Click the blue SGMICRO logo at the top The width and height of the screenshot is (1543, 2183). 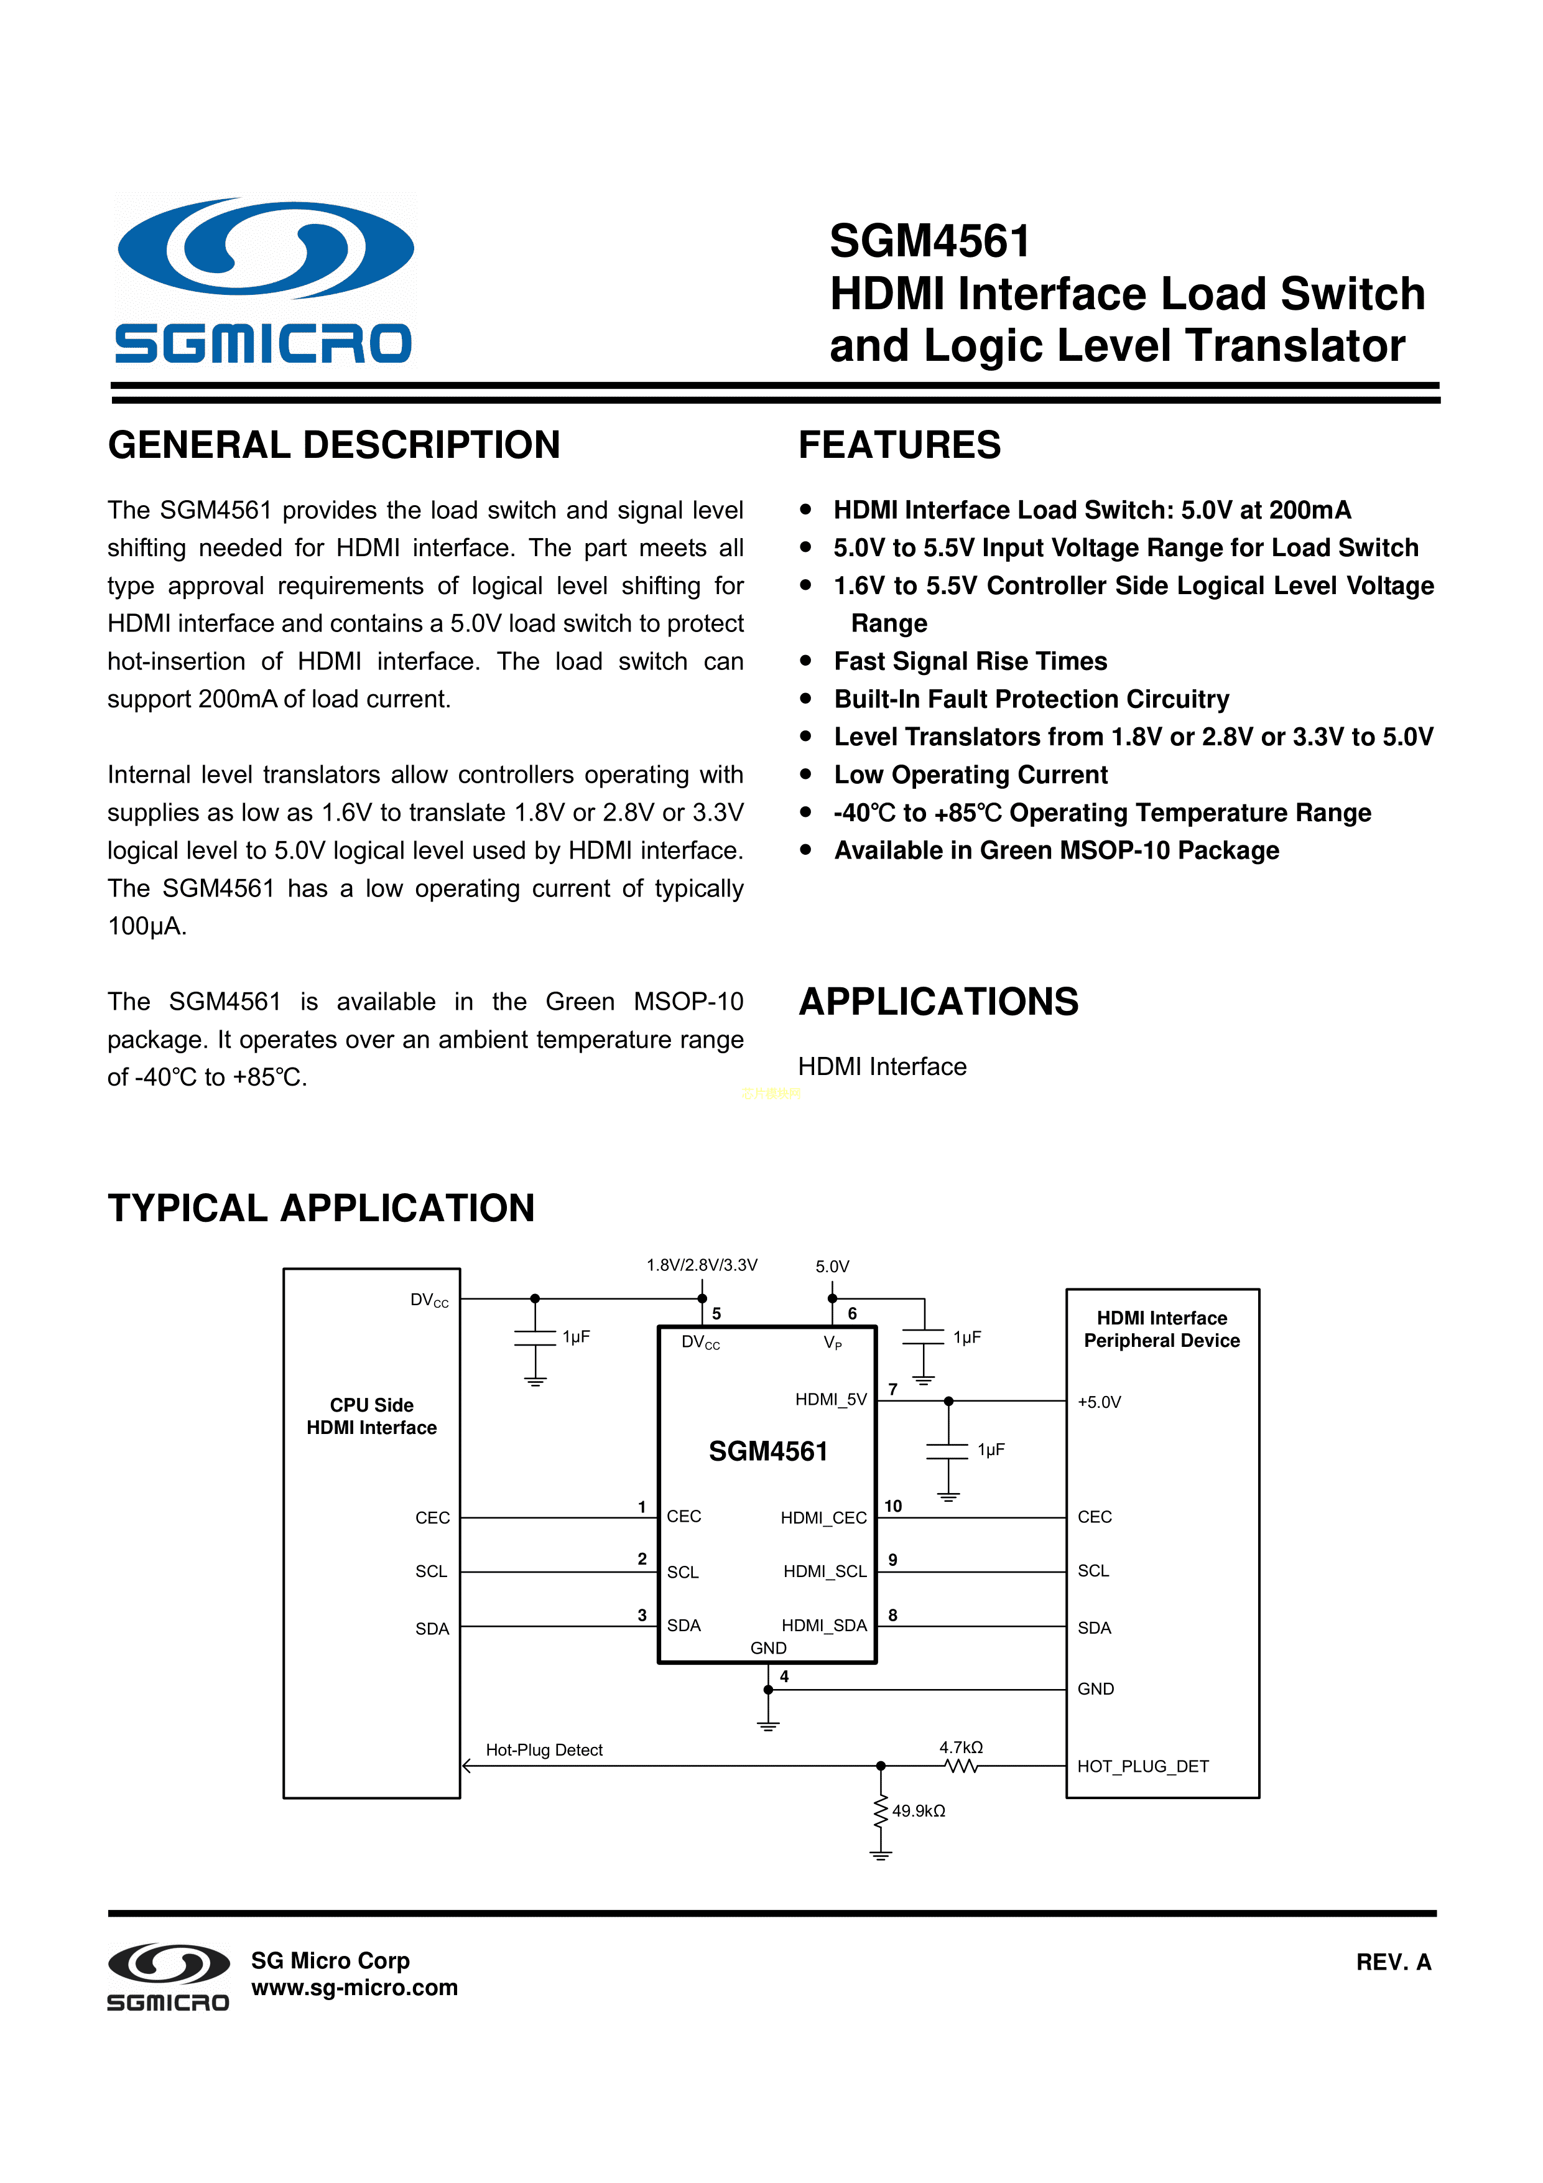pyautogui.click(x=264, y=281)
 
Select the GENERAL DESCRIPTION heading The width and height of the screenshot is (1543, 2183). pyautogui.click(x=334, y=445)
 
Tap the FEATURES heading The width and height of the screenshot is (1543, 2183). pyautogui.click(x=899, y=445)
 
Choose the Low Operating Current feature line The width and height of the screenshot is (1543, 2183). pyautogui.click(x=970, y=775)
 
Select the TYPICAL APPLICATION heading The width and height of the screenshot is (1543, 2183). pyautogui.click(x=322, y=1208)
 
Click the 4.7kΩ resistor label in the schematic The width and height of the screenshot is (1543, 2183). pyautogui.click(x=960, y=1748)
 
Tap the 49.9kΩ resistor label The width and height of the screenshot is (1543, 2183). pyautogui.click(x=919, y=1811)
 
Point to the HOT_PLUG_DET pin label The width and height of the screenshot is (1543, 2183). pyautogui.click(x=1142, y=1767)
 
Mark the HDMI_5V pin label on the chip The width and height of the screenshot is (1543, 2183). pyautogui.click(x=830, y=1400)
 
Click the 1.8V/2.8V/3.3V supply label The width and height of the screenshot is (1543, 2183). pyautogui.click(x=702, y=1265)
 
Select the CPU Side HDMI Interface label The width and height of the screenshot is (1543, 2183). pyautogui.click(x=372, y=1417)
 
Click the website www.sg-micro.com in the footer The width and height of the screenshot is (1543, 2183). pyautogui.click(x=354, y=1988)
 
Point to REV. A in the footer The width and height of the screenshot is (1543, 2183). pyautogui.click(x=1392, y=1962)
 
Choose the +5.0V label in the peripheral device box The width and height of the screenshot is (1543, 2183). pyautogui.click(x=1099, y=1402)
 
